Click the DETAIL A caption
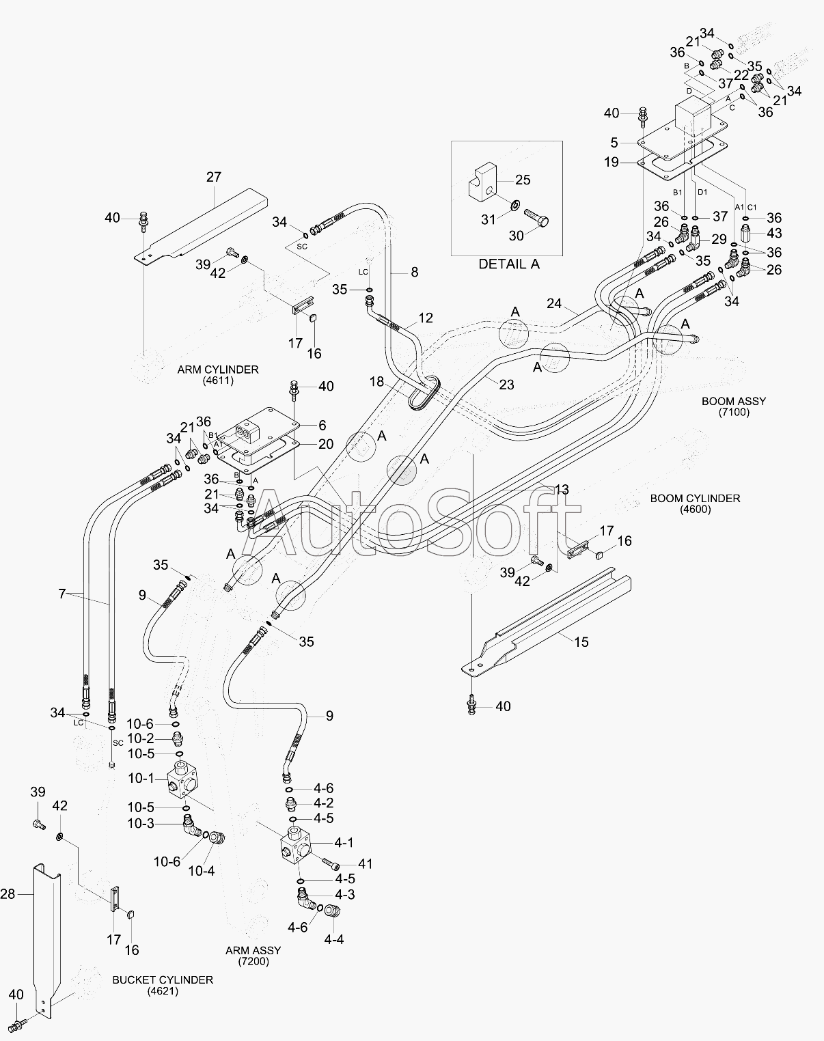click(508, 264)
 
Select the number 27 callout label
click(213, 177)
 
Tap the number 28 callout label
click(8, 894)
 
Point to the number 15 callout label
click(581, 642)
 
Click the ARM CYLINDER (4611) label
click(218, 375)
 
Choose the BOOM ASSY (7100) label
click(734, 406)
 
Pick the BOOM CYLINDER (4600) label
click(695, 503)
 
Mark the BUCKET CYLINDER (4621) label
click(163, 985)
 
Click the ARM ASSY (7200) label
click(253, 956)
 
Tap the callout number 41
click(366, 863)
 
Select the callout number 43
click(774, 233)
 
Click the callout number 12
click(425, 318)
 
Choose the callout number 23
click(506, 385)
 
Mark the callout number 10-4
click(202, 871)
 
